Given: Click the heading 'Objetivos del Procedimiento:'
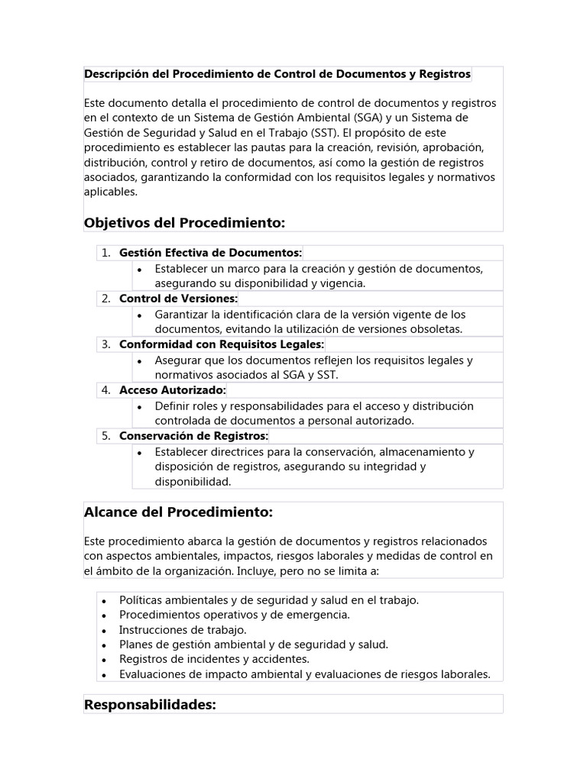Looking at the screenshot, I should [184, 222].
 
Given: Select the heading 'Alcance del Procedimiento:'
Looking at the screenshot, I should [178, 511].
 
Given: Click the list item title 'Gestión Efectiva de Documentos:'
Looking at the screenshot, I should [210, 253].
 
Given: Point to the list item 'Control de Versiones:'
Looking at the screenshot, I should [178, 299].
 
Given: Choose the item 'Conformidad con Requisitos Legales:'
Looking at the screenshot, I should [222, 344].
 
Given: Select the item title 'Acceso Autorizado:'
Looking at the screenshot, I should [172, 390].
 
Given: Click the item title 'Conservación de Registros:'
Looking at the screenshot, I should [193, 436].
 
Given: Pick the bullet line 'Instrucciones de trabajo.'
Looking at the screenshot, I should [183, 630].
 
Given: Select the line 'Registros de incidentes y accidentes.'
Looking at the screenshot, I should [214, 659].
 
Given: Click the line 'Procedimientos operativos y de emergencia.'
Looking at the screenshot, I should [234, 615].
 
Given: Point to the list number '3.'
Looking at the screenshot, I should [106, 344].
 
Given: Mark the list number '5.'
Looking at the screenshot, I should [106, 436].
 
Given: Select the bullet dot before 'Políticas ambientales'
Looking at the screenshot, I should [103, 601].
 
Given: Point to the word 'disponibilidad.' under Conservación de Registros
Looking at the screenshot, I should [192, 482].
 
